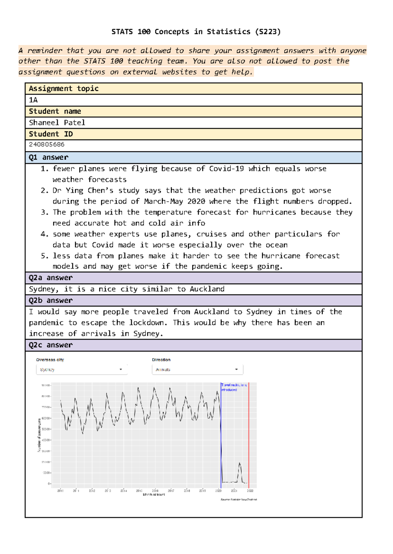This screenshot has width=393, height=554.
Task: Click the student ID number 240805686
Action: [x=47, y=144]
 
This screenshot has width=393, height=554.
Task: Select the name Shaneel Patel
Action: [x=57, y=123]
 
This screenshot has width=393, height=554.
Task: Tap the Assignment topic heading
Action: [x=64, y=89]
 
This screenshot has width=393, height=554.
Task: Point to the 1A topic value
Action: [x=33, y=100]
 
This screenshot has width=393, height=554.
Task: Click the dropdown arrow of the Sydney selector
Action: [x=121, y=370]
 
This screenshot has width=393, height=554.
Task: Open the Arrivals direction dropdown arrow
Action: [x=236, y=370]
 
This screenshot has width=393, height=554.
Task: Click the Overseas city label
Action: [x=50, y=360]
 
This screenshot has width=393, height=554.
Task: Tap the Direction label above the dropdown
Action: [x=161, y=360]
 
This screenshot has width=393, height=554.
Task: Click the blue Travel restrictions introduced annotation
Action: [x=234, y=387]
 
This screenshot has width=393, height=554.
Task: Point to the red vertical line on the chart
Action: [x=249, y=435]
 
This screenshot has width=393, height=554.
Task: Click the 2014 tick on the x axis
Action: [x=123, y=491]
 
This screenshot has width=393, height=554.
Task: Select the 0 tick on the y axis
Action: [x=49, y=483]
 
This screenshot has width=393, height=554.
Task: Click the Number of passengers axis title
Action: [x=39, y=435]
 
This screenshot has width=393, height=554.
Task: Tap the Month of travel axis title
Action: [x=154, y=494]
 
